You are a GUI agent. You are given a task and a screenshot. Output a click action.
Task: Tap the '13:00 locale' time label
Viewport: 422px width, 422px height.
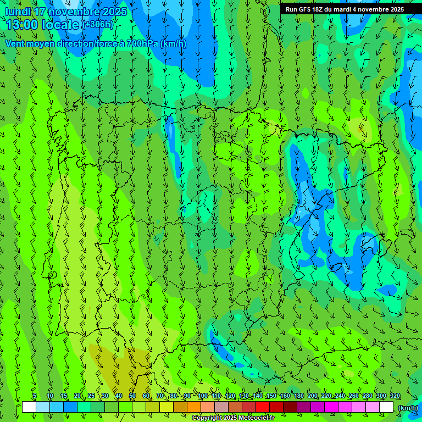point(43,25)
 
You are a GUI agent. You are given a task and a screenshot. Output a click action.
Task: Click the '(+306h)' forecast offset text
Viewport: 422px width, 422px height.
point(98,24)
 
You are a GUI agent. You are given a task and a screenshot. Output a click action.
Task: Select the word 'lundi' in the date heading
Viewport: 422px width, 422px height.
point(17,12)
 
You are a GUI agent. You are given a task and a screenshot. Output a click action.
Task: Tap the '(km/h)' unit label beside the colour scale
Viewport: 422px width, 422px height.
point(407,408)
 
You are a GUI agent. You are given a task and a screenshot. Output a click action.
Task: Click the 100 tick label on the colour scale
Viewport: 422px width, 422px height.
point(203,396)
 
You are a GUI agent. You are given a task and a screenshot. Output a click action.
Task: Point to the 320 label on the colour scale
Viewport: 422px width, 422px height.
point(395,396)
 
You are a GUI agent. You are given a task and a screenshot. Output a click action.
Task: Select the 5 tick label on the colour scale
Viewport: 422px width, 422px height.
point(35,396)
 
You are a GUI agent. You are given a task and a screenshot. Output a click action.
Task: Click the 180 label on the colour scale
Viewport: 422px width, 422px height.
point(298,396)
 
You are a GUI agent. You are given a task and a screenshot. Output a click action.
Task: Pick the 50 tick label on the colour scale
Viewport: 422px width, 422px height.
point(132,396)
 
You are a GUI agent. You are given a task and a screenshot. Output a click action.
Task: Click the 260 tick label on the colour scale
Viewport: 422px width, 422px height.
point(353,396)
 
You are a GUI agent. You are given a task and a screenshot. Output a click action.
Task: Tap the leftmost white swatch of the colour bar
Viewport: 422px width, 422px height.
point(29,407)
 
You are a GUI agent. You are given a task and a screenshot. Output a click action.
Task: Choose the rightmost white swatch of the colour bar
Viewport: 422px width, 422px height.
point(386,407)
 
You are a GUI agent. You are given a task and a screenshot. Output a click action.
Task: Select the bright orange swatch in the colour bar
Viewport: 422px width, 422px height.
point(194,407)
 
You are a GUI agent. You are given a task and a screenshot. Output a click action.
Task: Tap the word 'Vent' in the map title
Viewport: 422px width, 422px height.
point(16,43)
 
